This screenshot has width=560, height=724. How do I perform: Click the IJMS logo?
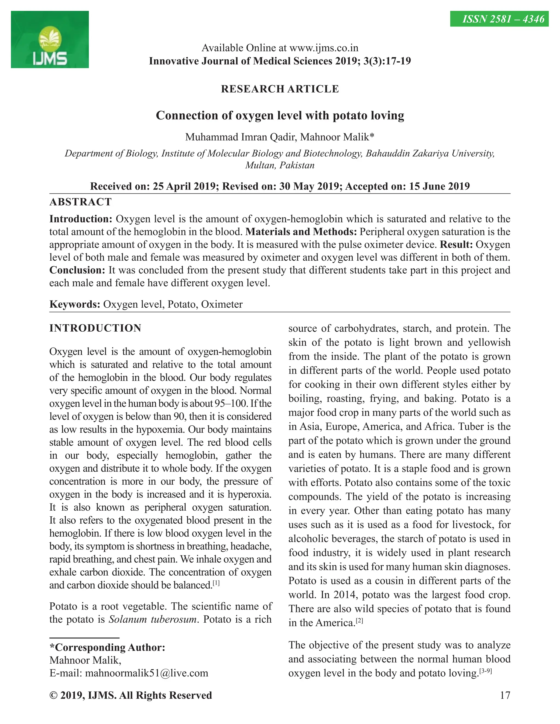click(x=50, y=39)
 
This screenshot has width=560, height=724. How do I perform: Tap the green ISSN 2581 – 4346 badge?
click(x=499, y=19)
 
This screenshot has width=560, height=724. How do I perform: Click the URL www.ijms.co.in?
click(x=324, y=48)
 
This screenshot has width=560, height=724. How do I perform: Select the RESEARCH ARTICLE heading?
click(x=280, y=89)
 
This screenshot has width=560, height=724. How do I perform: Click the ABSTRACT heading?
click(x=80, y=202)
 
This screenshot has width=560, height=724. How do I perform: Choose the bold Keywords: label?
click(x=75, y=304)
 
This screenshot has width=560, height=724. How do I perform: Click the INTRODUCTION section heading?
click(x=95, y=328)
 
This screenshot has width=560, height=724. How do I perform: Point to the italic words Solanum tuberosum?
click(x=153, y=619)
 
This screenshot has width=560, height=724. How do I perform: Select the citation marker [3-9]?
click(x=486, y=671)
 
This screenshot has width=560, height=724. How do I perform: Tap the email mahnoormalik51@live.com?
click(x=147, y=673)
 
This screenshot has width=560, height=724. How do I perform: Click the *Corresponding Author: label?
click(x=107, y=648)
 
